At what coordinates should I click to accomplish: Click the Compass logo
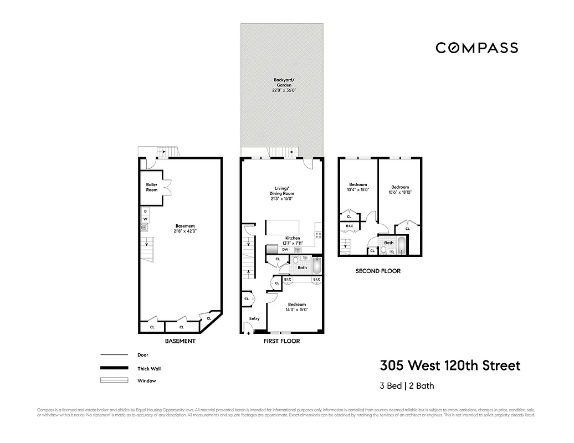476,48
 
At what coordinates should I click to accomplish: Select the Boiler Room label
151,187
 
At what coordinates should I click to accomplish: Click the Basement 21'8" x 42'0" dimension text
185,229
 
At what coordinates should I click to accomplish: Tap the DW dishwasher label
285,250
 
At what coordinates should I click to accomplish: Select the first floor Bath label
302,267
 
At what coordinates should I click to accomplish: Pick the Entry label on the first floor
254,318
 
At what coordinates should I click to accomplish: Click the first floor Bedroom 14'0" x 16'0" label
296,307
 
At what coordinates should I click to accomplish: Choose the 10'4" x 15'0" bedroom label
357,187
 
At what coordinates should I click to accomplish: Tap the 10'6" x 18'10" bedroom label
400,190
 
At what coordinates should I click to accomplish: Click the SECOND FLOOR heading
378,271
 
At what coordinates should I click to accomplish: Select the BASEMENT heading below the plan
180,341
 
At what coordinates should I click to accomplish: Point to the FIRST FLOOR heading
281,341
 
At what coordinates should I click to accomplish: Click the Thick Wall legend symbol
114,368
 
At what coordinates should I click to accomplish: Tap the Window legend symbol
114,380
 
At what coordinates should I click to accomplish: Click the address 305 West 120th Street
450,366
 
